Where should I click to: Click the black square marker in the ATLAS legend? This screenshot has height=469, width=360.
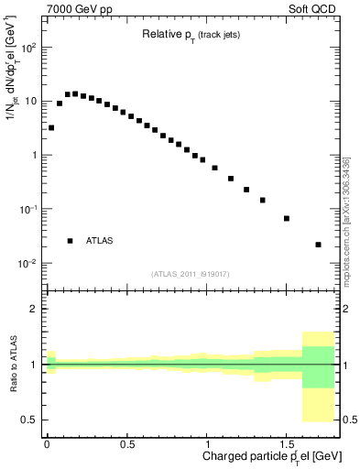click(71, 241)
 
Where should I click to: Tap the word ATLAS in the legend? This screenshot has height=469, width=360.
click(100, 241)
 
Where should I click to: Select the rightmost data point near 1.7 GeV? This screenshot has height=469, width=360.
click(318, 245)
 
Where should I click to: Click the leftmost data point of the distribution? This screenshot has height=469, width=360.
click(51, 127)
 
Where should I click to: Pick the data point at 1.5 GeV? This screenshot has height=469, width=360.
click(287, 218)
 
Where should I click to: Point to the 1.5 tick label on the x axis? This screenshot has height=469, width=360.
click(287, 442)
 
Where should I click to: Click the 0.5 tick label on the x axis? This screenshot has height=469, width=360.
click(127, 442)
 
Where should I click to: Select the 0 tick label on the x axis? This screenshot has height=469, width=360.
click(47, 442)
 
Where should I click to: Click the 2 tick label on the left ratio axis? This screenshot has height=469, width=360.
click(34, 309)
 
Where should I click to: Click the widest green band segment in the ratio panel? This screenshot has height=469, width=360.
click(318, 366)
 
